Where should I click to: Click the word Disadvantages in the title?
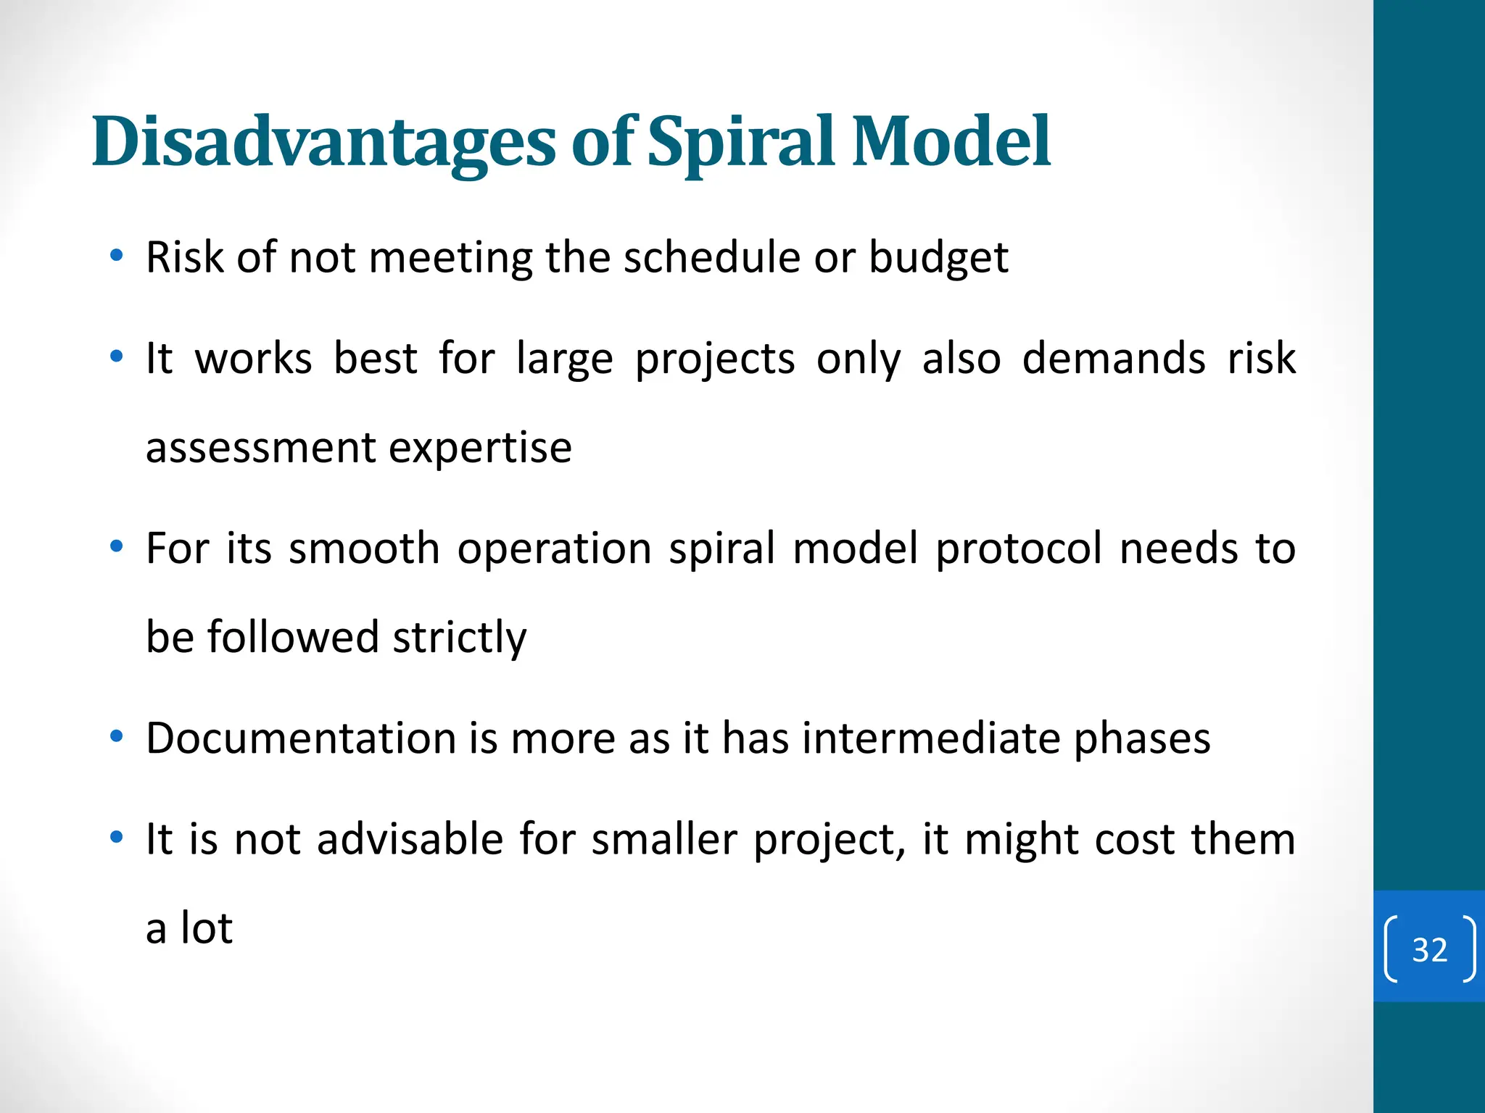click(x=323, y=142)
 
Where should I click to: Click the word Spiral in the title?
click(x=741, y=142)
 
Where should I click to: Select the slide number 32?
click(x=1429, y=950)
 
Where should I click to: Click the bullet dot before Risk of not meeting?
click(x=116, y=256)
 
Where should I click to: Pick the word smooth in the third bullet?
click(x=364, y=549)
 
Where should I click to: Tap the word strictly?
click(x=459, y=638)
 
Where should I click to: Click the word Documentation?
click(x=300, y=739)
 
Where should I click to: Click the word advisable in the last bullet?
click(x=410, y=840)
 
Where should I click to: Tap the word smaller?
click(x=664, y=840)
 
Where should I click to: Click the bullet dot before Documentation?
click(x=116, y=737)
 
